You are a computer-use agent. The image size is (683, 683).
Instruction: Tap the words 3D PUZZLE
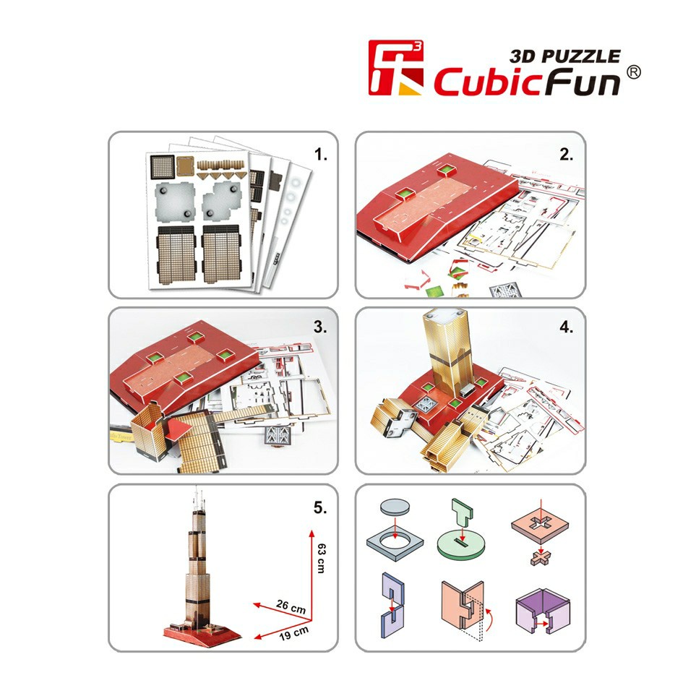pyautogui.click(x=565, y=56)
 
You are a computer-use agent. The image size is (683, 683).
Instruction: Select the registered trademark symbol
pyautogui.click(x=634, y=72)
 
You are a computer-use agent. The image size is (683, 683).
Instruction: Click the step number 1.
pyautogui.click(x=321, y=154)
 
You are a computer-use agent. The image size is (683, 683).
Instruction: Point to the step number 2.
pyautogui.click(x=566, y=154)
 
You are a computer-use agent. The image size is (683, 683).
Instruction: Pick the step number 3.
pyautogui.click(x=320, y=327)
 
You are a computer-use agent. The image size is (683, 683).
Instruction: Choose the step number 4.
pyautogui.click(x=566, y=327)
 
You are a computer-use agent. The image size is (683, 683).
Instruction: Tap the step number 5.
pyautogui.click(x=320, y=507)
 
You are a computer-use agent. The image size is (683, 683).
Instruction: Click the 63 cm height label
pyautogui.click(x=322, y=558)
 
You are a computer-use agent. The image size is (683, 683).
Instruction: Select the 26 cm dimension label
pyautogui.click(x=291, y=606)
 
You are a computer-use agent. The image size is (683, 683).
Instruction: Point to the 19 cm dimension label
pyautogui.click(x=293, y=633)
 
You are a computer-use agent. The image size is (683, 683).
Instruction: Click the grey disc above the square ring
pyautogui.click(x=395, y=507)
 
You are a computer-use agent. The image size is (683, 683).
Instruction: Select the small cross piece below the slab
pyautogui.click(x=541, y=558)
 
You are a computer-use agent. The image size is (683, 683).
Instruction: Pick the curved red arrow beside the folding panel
pyautogui.click(x=489, y=620)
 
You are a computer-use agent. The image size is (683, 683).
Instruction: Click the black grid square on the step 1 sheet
pyautogui.click(x=162, y=166)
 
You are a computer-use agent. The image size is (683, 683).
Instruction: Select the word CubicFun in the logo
pyautogui.click(x=527, y=82)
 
